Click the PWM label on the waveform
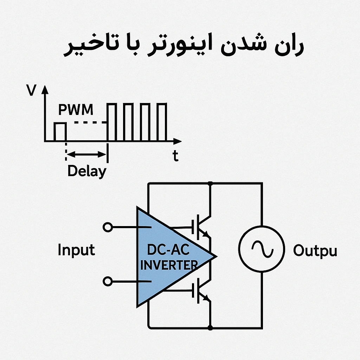click(x=76, y=110)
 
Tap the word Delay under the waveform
click(x=87, y=171)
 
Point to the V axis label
click(x=31, y=90)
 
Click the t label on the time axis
click(x=176, y=155)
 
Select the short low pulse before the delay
click(x=60, y=123)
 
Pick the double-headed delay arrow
click(x=86, y=154)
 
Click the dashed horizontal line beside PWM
click(x=91, y=122)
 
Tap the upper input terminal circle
click(x=108, y=227)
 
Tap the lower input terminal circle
click(x=108, y=281)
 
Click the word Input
click(x=76, y=250)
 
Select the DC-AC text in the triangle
click(x=168, y=250)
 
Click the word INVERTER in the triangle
click(x=169, y=265)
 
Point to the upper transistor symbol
click(x=201, y=227)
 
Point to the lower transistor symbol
click(x=201, y=290)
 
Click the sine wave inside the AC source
click(x=262, y=249)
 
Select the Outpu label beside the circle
click(x=315, y=251)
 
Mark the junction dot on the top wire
click(x=210, y=184)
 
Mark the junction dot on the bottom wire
click(x=210, y=328)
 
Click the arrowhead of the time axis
click(x=177, y=141)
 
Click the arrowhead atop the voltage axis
click(x=45, y=90)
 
